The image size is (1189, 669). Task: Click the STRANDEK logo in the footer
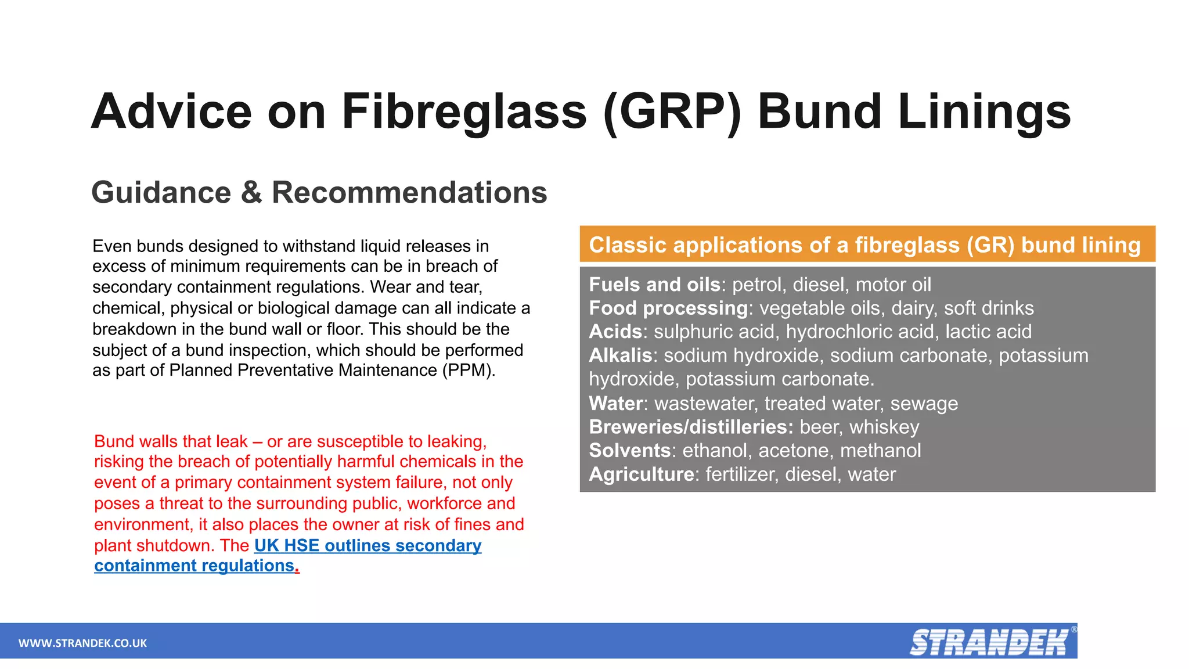[989, 642]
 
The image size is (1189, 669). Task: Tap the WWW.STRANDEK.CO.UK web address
[82, 643]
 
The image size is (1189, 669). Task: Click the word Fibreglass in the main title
[464, 111]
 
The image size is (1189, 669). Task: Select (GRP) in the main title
[672, 111]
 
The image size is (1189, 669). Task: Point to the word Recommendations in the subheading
[409, 192]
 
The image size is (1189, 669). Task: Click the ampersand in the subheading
[251, 192]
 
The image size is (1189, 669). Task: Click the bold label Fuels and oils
[654, 285]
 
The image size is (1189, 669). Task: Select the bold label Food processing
[668, 308]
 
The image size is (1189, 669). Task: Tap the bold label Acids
[615, 332]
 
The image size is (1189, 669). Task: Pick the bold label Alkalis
[621, 355]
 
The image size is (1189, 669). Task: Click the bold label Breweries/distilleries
[691, 427]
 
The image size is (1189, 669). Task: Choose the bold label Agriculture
[642, 474]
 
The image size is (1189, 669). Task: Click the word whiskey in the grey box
[884, 427]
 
